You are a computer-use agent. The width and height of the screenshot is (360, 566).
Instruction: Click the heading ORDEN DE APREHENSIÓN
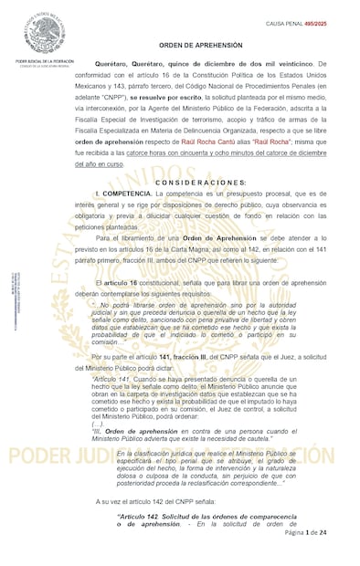click(200, 45)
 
